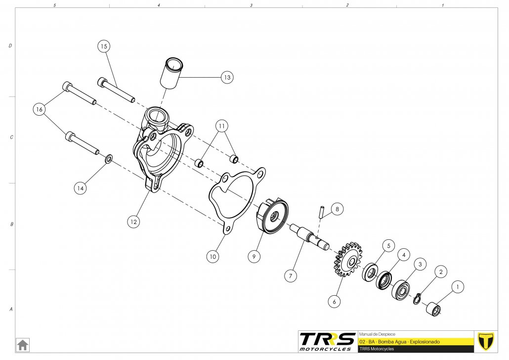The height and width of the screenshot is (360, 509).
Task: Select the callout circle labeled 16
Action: coord(40,109)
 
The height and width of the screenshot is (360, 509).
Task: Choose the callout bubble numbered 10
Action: coord(212,257)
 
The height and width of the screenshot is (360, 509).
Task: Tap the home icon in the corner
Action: coord(23,344)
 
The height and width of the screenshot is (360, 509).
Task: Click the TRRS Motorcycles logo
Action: coord(327,341)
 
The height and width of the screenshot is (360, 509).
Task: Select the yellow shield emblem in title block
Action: coord(486,341)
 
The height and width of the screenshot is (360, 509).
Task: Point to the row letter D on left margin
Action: coord(10,45)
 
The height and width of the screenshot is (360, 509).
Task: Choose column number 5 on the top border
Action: coord(54,5)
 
